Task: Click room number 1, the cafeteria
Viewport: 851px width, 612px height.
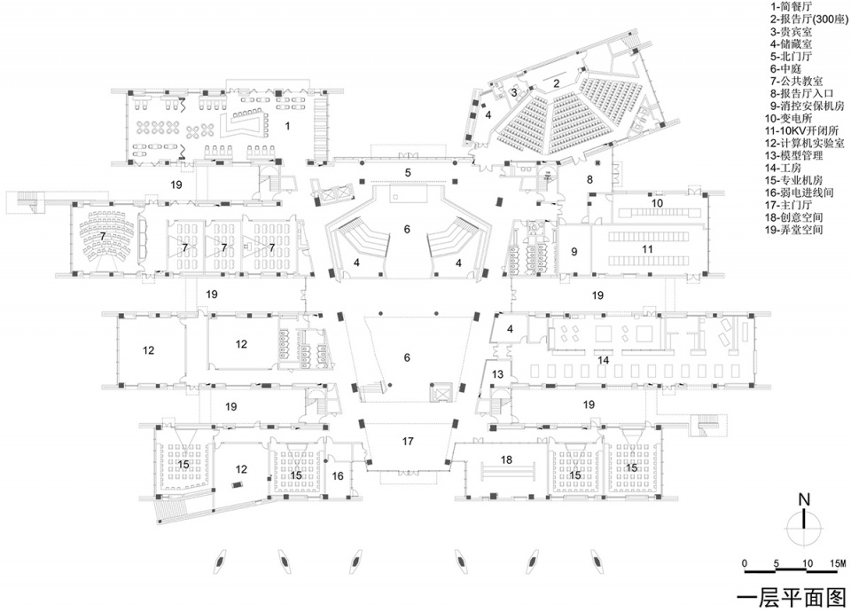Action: [x=287, y=126]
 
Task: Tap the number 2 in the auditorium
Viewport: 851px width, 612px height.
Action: [x=556, y=83]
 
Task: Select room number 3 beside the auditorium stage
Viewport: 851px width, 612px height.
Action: [x=514, y=92]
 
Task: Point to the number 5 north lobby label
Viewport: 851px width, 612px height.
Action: [x=408, y=173]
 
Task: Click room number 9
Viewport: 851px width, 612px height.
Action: [x=574, y=251]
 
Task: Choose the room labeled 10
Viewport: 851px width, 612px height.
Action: [x=657, y=203]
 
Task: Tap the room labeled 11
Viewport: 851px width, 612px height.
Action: [x=647, y=249]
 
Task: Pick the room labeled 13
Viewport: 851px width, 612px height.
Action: [x=497, y=373]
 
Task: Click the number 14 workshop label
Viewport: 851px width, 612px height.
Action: [x=603, y=360]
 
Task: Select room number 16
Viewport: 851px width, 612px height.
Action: [x=338, y=475]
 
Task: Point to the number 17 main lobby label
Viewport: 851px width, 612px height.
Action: [x=408, y=442]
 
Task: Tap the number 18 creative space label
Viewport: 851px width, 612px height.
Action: [x=506, y=460]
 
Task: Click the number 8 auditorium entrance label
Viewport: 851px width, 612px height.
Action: [x=590, y=179]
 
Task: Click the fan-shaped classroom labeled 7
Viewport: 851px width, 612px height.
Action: [x=102, y=237]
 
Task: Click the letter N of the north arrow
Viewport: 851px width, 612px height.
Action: [x=804, y=499]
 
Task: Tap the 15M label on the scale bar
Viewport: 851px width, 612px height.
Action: [x=838, y=563]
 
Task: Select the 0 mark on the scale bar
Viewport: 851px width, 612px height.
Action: [x=745, y=563]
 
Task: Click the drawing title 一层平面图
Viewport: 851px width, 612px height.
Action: [x=792, y=597]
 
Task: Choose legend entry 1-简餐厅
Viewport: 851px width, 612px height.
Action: [x=792, y=7]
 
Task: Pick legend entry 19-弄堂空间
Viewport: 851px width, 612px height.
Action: [x=794, y=230]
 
